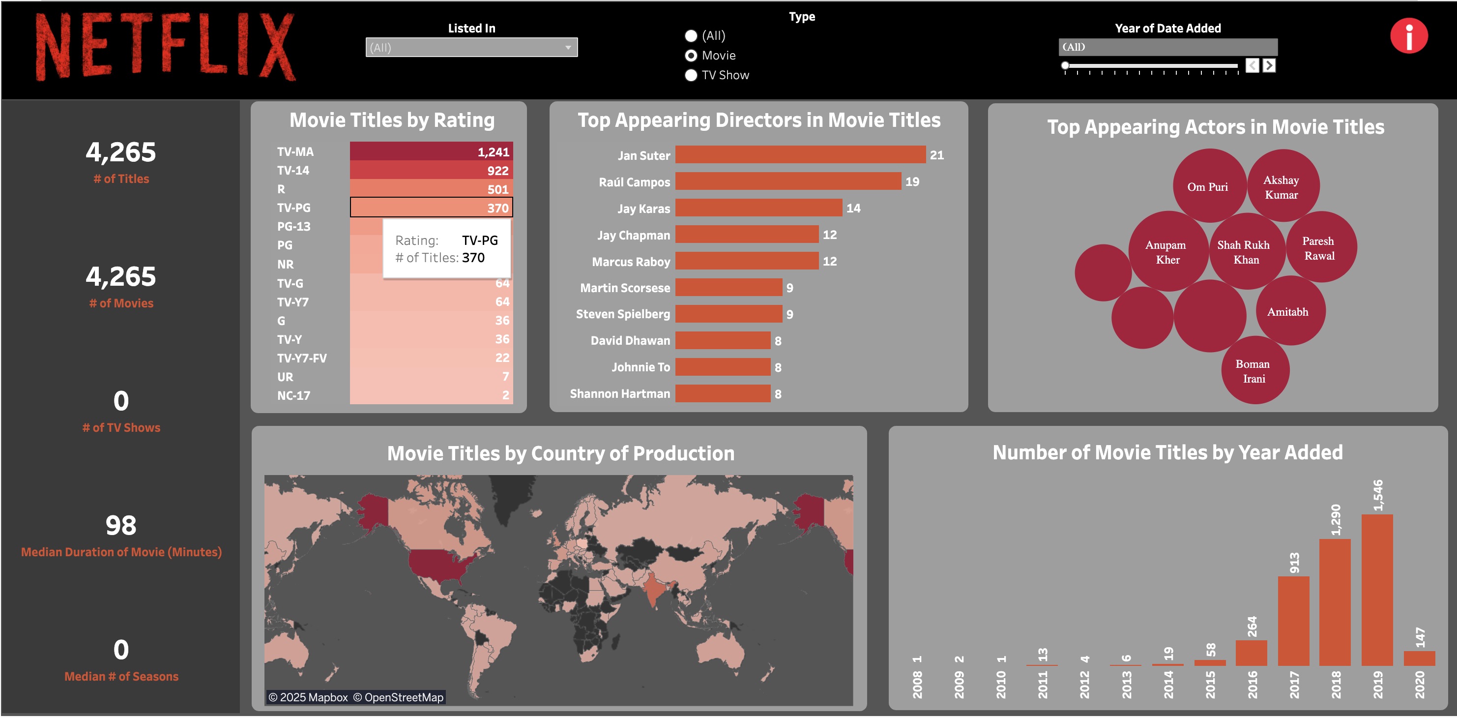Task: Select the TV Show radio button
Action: click(x=691, y=75)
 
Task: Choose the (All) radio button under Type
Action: click(x=691, y=35)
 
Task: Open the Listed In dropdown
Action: click(x=471, y=48)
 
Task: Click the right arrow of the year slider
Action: click(x=1269, y=65)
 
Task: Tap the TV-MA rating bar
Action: click(x=431, y=151)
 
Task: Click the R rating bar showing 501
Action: click(x=431, y=188)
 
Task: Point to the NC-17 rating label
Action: click(x=293, y=395)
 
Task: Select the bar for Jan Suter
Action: click(x=800, y=154)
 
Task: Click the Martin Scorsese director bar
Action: click(x=728, y=287)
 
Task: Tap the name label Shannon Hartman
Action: click(x=619, y=394)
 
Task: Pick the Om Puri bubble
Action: click(x=1208, y=187)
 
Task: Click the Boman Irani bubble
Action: click(x=1254, y=371)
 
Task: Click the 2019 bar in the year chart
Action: click(x=1377, y=590)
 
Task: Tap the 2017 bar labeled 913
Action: click(x=1293, y=621)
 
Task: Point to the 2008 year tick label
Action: click(x=917, y=684)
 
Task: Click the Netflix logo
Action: click(x=165, y=46)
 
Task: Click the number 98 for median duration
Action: click(x=121, y=526)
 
